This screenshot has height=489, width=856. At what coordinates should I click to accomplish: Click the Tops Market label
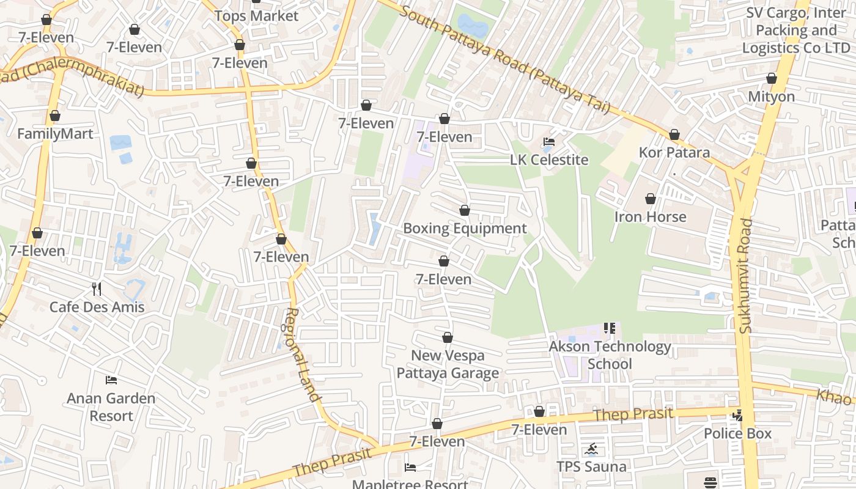(256, 16)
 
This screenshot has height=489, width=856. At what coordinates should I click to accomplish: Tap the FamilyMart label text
(55, 134)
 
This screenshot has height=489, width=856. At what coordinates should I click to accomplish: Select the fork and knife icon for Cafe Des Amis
(97, 289)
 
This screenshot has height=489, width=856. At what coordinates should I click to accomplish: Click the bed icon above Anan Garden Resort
(111, 380)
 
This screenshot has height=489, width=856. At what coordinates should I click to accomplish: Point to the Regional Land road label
(303, 355)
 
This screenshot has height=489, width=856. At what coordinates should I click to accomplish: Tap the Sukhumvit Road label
(745, 276)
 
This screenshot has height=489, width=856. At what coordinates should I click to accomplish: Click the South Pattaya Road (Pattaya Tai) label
(504, 60)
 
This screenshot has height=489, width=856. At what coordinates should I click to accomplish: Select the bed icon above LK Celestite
(549, 142)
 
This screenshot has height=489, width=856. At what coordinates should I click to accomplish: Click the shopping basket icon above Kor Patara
(674, 134)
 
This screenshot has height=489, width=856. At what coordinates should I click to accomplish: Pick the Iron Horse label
(650, 217)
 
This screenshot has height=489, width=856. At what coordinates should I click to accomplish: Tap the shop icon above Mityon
(772, 79)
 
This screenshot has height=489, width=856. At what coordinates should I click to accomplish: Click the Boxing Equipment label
(465, 229)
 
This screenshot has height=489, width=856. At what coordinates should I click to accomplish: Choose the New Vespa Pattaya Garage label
(448, 364)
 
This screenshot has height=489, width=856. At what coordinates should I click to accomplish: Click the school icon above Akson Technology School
(609, 328)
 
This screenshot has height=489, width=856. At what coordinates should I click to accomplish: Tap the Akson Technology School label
(610, 355)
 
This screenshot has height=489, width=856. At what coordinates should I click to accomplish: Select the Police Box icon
(737, 416)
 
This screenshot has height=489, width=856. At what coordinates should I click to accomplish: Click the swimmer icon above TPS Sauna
(591, 450)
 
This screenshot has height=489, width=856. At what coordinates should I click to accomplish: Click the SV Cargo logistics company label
(795, 31)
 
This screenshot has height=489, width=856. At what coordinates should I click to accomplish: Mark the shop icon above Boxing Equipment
(465, 211)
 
